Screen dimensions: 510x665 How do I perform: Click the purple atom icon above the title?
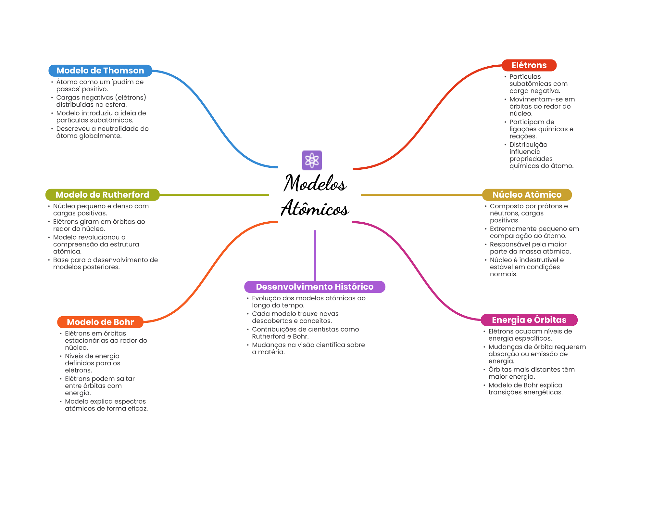point(312,160)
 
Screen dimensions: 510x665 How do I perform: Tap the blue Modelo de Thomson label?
point(100,71)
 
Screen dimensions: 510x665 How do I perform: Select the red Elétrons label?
point(529,65)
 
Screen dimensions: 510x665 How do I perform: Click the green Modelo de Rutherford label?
point(102,195)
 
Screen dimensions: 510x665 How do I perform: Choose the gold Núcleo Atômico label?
point(527,195)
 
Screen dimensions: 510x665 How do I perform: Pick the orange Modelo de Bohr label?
point(100,322)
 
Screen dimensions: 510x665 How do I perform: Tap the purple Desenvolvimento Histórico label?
point(314,287)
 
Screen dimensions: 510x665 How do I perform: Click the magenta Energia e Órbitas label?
point(529,320)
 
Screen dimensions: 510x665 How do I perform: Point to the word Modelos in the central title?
point(315,183)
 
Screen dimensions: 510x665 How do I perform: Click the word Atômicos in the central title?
point(315,208)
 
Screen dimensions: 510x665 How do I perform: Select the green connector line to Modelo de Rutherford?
point(214,195)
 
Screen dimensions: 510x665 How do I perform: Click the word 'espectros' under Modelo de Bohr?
point(130,401)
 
